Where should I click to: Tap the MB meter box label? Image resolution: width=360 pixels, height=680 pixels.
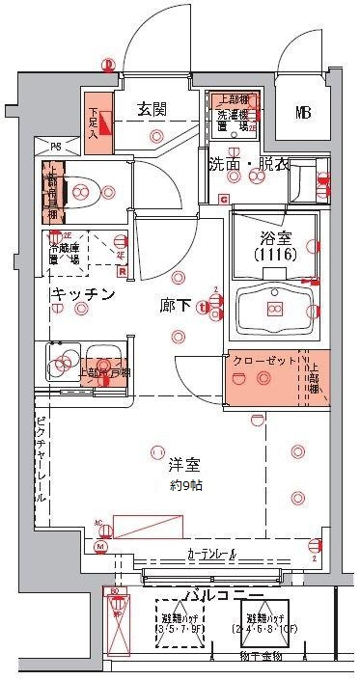pos(303,113)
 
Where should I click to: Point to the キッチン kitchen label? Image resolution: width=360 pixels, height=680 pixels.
pos(84,293)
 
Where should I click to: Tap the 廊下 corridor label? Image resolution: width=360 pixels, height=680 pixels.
pos(175,307)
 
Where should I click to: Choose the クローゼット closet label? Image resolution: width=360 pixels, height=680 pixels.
pos(264,360)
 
